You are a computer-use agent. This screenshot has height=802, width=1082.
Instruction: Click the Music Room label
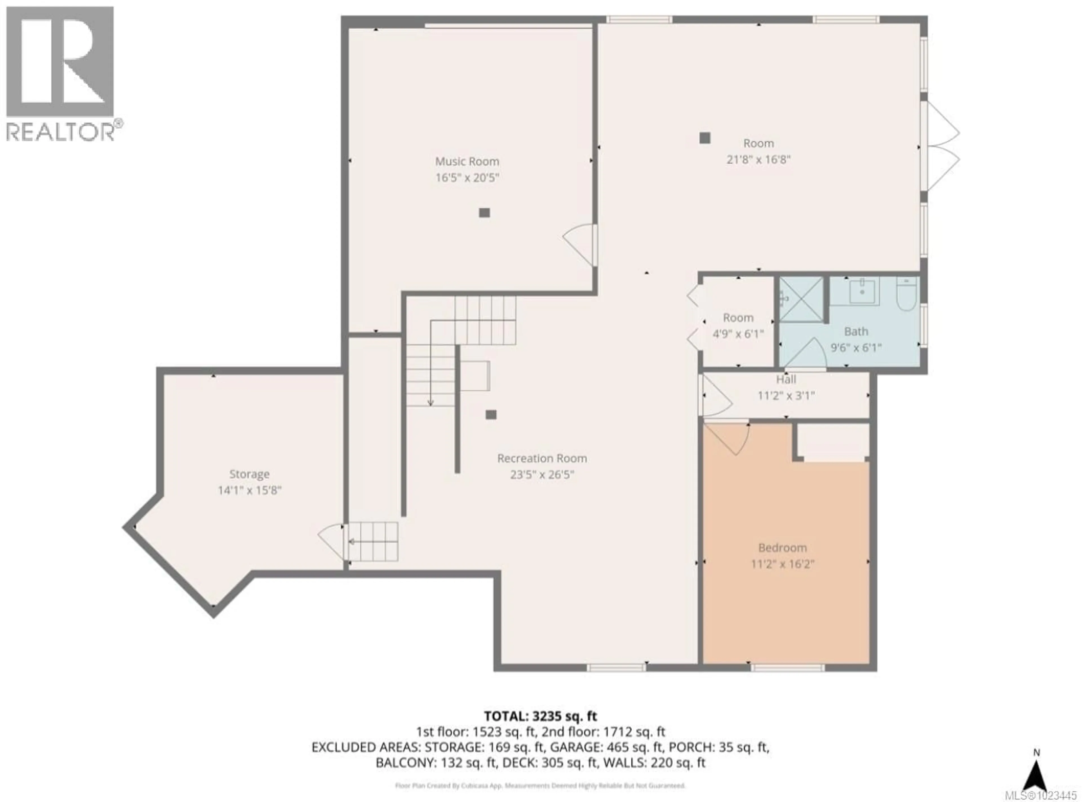[466, 161]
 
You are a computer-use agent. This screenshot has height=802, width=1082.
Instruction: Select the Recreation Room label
[542, 458]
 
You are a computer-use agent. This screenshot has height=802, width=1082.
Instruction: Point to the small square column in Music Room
[484, 213]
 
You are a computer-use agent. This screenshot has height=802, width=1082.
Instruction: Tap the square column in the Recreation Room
[491, 414]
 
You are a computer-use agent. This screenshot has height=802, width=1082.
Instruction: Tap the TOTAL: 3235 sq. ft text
[540, 716]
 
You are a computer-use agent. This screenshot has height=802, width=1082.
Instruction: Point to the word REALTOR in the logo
[61, 131]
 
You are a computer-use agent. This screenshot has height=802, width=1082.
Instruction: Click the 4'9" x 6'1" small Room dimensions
[738, 334]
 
